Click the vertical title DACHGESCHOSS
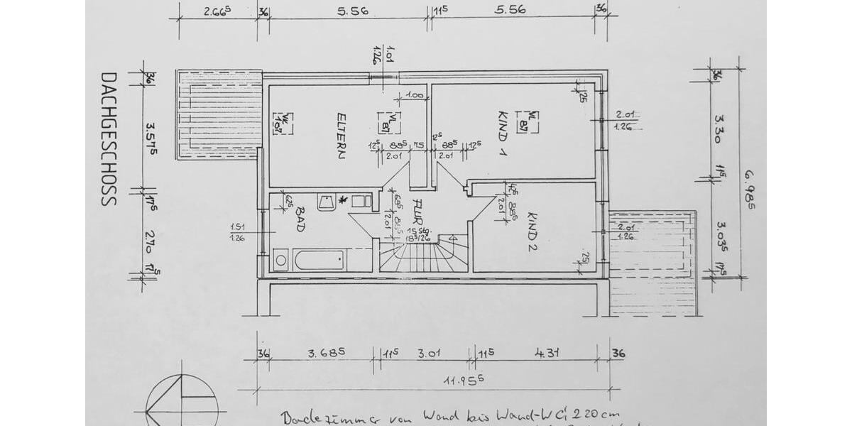click(108, 138)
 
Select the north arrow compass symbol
click(179, 402)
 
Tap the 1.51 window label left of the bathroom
click(237, 226)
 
